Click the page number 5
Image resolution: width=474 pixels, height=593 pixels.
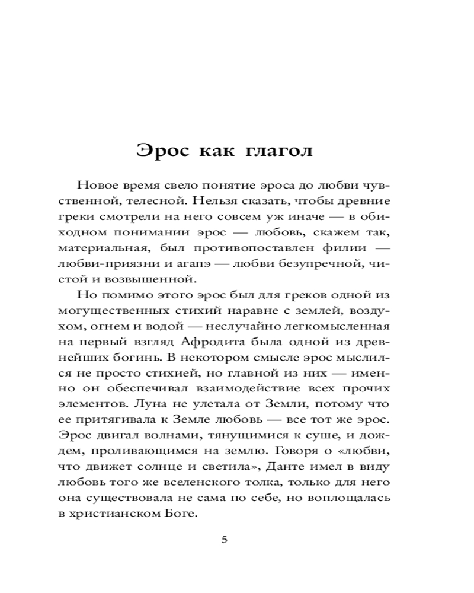224,539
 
